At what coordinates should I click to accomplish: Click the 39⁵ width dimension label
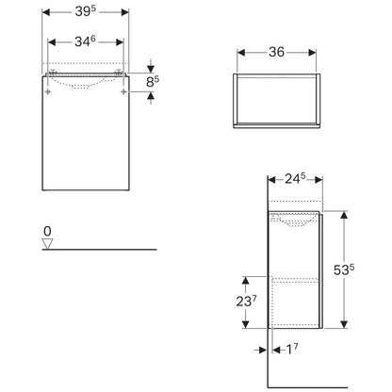(x=86, y=11)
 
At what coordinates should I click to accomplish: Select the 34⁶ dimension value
(x=85, y=41)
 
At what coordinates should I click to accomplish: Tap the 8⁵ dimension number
(x=153, y=82)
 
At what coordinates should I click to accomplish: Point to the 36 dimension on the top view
(x=276, y=52)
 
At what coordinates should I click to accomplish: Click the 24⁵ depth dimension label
(x=295, y=178)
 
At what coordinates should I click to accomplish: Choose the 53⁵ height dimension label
(x=344, y=269)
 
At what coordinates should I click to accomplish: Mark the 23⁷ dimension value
(x=247, y=302)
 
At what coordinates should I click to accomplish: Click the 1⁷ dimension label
(x=292, y=349)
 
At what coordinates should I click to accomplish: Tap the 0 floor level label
(x=47, y=232)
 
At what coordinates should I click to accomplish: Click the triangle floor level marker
(x=47, y=244)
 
